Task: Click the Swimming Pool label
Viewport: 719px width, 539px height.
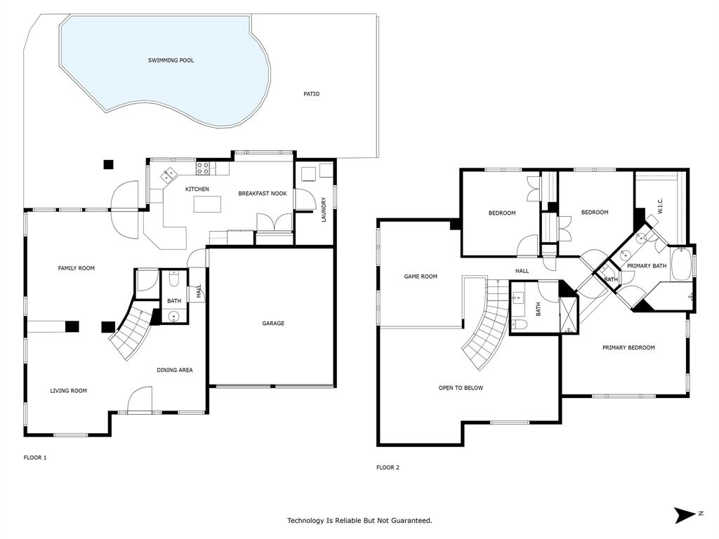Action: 171,60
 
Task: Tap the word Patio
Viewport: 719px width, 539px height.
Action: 311,93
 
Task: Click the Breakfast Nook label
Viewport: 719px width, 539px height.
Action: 262,194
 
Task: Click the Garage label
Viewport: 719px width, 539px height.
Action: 273,324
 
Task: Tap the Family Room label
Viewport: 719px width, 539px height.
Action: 76,268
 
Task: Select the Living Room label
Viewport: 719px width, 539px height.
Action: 68,391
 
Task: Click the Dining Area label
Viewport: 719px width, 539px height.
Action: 174,370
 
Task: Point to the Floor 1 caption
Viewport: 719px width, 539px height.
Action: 35,458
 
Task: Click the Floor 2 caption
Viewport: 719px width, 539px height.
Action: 388,467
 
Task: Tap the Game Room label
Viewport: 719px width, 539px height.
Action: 420,277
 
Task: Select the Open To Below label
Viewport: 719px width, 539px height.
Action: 461,387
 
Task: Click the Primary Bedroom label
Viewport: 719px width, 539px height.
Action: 628,347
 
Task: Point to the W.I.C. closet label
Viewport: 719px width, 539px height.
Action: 659,206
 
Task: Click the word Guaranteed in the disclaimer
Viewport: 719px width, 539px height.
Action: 408,521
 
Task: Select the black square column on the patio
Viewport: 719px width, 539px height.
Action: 108,165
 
